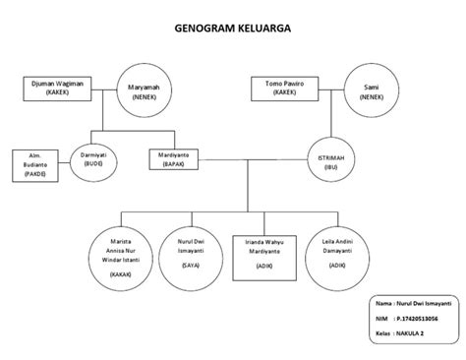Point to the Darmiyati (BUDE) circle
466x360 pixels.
pyautogui.click(x=94, y=160)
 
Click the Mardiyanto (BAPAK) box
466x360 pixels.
pyautogui.click(x=178, y=159)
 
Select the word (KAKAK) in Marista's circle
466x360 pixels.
pyautogui.click(x=122, y=274)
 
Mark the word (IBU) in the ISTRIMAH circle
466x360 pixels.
pyautogui.click(x=331, y=169)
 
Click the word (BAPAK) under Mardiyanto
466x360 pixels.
pyautogui.click(x=178, y=164)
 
